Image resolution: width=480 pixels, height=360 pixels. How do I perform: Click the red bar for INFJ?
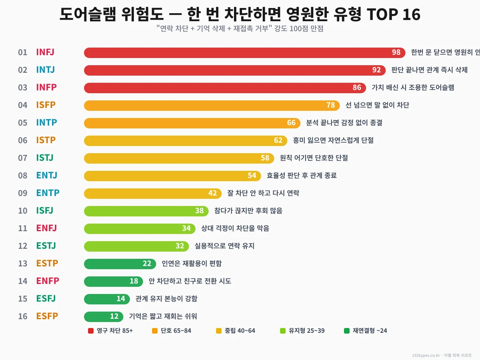(244, 52)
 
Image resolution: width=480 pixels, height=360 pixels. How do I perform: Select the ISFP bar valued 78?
(212, 105)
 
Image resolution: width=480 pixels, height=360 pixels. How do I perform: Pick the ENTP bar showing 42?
(152, 193)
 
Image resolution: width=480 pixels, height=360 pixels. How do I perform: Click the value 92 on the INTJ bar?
(376, 70)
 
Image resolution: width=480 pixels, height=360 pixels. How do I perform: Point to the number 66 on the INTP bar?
(291, 123)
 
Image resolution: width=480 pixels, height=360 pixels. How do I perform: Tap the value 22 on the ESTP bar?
(147, 264)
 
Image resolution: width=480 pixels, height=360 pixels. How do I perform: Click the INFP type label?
(46, 88)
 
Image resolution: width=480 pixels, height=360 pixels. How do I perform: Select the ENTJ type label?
(47, 176)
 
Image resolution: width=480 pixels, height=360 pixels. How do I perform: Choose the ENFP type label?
(48, 281)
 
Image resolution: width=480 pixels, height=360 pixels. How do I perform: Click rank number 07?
(23, 158)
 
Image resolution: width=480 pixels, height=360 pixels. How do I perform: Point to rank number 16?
(23, 316)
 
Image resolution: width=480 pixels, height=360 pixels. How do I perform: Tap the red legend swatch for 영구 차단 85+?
(91, 331)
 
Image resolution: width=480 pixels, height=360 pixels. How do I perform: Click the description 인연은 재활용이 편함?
(192, 264)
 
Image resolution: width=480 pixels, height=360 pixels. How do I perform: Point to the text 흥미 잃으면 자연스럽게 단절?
(333, 140)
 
